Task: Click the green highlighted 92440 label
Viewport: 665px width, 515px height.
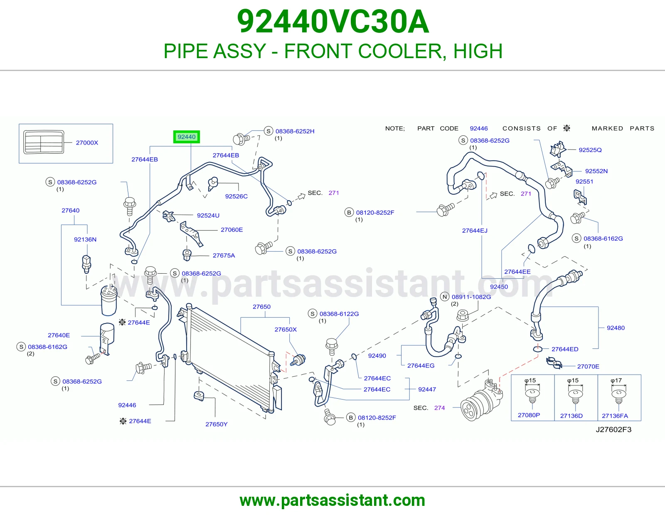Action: coord(186,137)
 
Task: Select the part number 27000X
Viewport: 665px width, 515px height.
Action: coord(87,142)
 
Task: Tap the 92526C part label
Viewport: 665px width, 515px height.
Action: coord(236,196)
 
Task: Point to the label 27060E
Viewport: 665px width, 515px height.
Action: coord(232,230)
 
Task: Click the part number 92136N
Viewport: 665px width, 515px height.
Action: coord(85,240)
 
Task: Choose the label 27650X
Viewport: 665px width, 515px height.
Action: coord(286,329)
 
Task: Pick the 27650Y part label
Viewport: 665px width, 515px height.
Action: coord(217,424)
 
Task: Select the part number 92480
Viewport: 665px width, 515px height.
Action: coord(616,328)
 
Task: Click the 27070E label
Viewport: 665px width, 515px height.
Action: coord(588,366)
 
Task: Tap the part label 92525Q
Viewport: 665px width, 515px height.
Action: coord(590,150)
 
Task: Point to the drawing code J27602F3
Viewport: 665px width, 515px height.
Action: coord(613,429)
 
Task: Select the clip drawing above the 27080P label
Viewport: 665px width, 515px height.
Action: coord(532,394)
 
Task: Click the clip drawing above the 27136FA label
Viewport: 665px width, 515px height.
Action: coord(618,395)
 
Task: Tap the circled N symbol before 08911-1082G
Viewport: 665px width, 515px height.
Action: coord(445,297)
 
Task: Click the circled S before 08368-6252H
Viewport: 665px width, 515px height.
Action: coord(268,131)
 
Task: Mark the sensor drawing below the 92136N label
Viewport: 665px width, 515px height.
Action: coord(86,264)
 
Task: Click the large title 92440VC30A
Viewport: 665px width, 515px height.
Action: coord(333,22)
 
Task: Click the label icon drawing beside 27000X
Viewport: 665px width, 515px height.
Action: coord(44,142)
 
